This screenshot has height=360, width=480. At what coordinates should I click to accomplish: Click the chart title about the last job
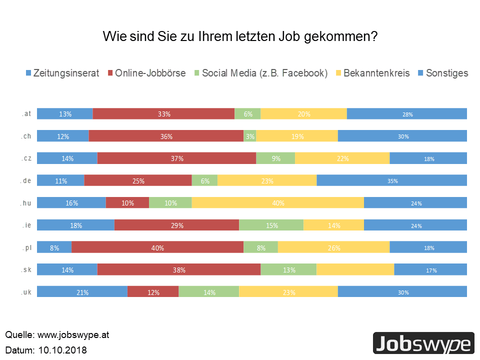240,36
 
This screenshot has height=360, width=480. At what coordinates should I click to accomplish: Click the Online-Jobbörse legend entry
146,73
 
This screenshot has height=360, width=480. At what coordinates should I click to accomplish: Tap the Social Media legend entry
260,73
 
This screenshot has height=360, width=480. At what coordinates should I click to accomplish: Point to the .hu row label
27,202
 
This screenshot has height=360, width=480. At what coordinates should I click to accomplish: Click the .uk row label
27,292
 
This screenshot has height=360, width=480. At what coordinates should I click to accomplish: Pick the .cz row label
27,158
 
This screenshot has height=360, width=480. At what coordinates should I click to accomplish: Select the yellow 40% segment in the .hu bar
277,203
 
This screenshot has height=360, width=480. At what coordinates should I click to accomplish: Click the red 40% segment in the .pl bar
157,247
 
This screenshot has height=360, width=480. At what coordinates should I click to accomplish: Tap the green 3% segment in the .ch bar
249,136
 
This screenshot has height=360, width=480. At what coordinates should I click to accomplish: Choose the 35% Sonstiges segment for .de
391,180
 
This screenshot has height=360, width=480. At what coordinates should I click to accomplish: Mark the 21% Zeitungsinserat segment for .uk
82,292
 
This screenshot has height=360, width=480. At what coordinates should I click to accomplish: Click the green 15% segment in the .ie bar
271,225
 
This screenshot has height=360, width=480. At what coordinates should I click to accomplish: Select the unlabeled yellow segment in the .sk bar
355,269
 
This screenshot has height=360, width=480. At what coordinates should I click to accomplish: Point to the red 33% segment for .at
163,113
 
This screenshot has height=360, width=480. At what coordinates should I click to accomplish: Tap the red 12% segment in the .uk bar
153,292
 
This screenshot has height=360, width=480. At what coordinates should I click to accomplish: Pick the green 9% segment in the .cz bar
275,158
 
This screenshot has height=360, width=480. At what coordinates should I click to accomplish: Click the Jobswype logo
423,343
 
